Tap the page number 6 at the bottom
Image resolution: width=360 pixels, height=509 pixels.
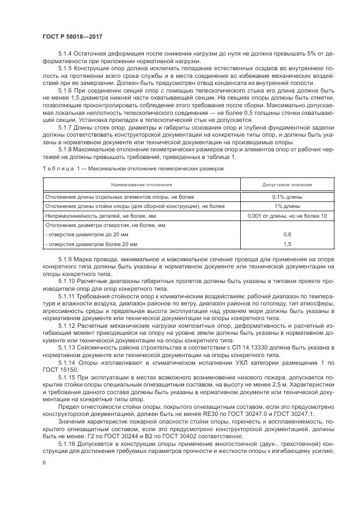point(44,462)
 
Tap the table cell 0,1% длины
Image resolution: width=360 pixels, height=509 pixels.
point(286,197)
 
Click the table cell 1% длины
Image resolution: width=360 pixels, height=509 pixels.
point(286,206)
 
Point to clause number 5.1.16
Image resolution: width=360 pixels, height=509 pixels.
point(68,444)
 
